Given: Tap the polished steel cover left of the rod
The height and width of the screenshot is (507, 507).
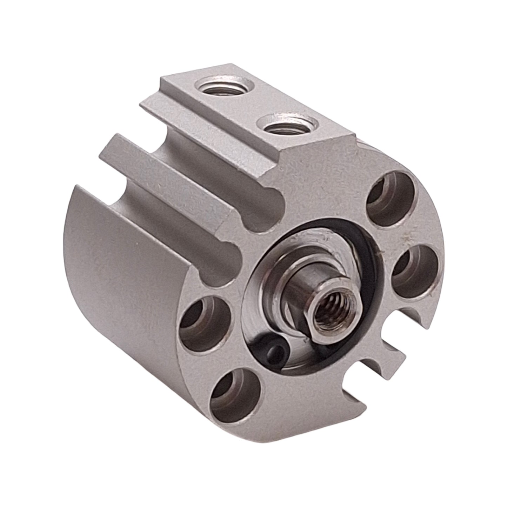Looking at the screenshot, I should click(x=260, y=309).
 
